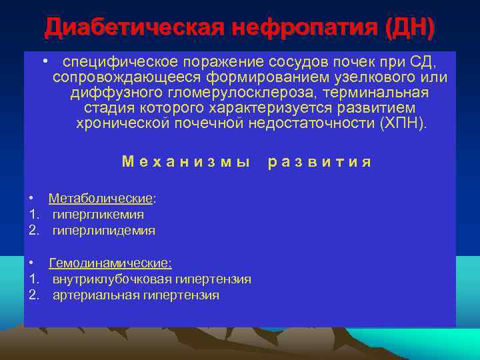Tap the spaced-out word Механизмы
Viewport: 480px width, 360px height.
tap(186, 162)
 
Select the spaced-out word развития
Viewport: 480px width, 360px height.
tap(319, 162)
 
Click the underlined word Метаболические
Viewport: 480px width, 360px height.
tap(101, 199)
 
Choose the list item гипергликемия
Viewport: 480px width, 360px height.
tap(98, 215)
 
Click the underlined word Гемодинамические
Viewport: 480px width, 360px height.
tap(110, 263)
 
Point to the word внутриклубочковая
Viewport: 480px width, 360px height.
tap(109, 279)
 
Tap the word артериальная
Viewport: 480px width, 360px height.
tap(95, 295)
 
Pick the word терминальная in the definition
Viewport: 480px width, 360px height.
tap(385, 93)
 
